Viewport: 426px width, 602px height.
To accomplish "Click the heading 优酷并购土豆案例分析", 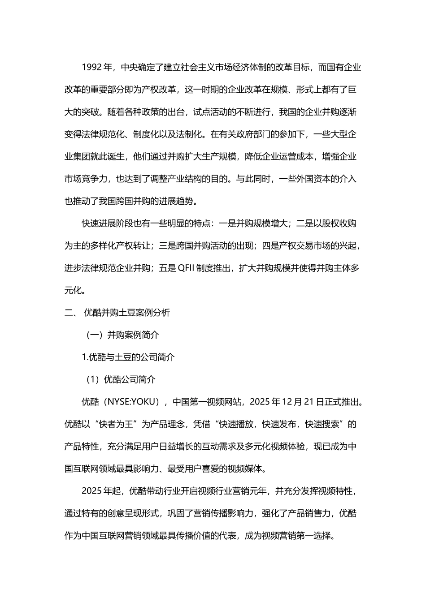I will pos(127,313).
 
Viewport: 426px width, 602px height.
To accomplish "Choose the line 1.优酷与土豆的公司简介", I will pos(128,357).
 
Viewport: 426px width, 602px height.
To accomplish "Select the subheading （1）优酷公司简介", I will pos(121,380).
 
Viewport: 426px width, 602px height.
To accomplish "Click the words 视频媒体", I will pos(248,469).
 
